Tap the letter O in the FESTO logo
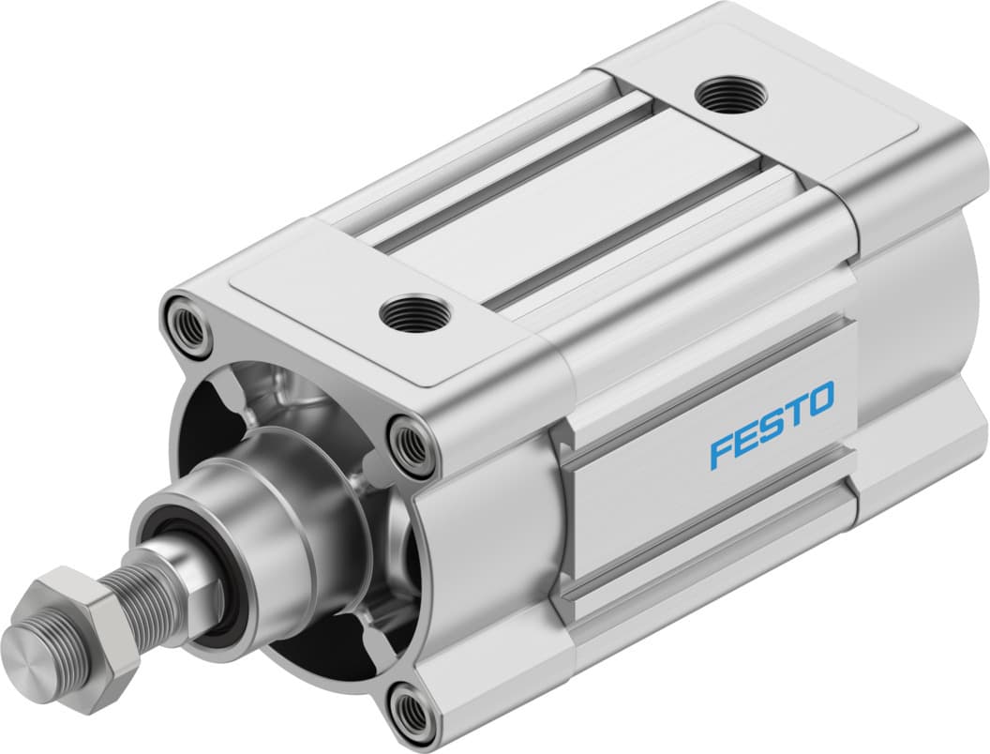tap(818, 401)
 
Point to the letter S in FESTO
tap(772, 426)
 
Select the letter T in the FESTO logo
tap(794, 413)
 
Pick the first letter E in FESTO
tap(746, 439)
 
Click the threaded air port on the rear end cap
tap(731, 95)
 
